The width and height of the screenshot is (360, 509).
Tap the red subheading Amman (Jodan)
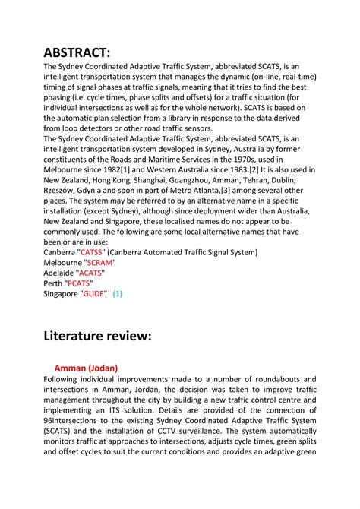coord(86,368)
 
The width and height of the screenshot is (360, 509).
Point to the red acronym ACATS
coord(90,272)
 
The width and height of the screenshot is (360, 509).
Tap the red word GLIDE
coord(94,292)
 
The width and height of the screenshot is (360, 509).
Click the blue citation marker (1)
coord(117,292)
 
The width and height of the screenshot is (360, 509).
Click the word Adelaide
coord(59,272)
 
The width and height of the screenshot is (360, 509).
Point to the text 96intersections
coord(77,419)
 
